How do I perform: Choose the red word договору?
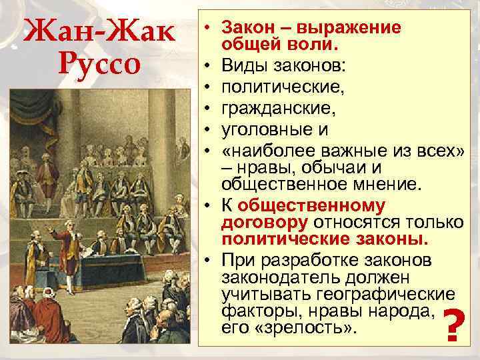coord(265,222)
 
